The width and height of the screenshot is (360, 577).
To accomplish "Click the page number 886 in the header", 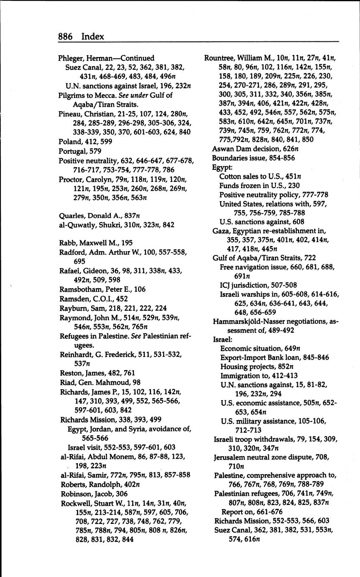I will coord(65,37).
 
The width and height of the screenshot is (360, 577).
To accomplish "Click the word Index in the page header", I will coord(92,37).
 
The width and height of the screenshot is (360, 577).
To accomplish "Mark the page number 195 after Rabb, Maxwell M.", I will coord(127,243).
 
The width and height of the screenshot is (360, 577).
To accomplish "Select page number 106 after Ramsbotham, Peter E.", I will coord(140,289).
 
